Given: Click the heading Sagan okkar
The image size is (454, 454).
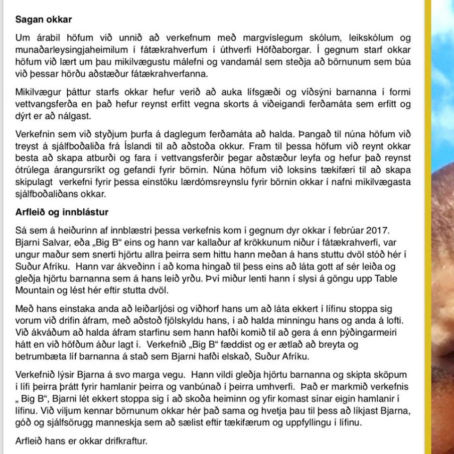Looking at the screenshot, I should pyautogui.click(x=44, y=20).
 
